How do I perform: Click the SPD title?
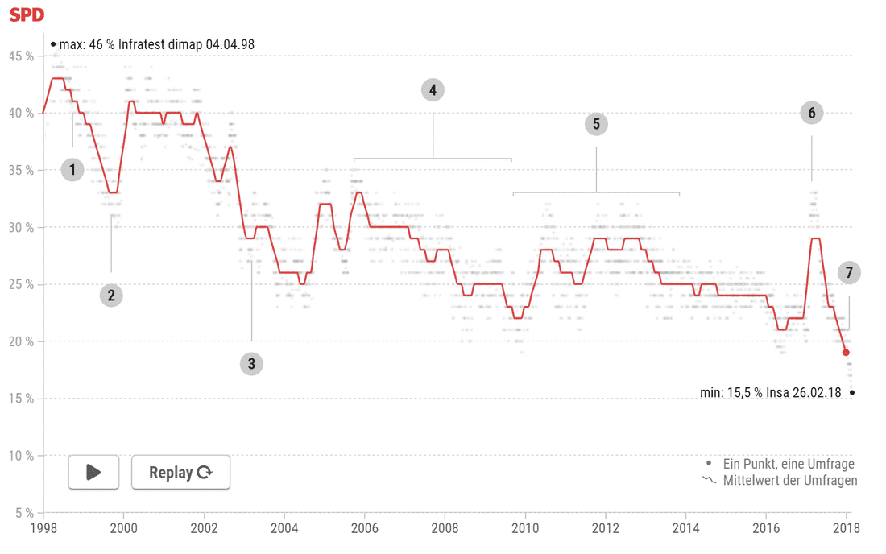click(x=27, y=14)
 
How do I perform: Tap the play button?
click(x=93, y=472)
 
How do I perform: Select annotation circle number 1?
click(x=72, y=170)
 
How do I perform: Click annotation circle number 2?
click(x=111, y=296)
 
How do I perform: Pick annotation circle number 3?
click(x=251, y=364)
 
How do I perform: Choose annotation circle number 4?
click(x=433, y=90)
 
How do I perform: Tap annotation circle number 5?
click(x=596, y=124)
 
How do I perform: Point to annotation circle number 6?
click(x=811, y=114)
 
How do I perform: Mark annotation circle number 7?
click(x=848, y=273)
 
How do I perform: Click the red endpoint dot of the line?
click(x=846, y=353)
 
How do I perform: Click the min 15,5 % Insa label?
click(x=770, y=393)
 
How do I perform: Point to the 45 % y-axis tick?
click(x=22, y=56)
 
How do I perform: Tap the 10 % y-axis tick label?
click(x=22, y=456)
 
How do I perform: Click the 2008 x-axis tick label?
click(x=445, y=528)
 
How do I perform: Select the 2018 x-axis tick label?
click(x=847, y=528)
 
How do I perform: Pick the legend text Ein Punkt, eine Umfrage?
click(x=789, y=464)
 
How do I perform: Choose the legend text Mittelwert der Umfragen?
click(x=790, y=481)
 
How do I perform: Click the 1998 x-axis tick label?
click(x=43, y=528)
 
